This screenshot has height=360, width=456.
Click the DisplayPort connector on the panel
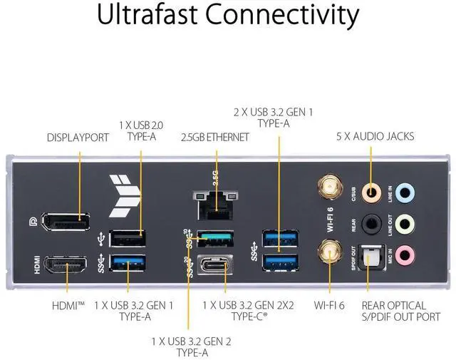coord(63,222)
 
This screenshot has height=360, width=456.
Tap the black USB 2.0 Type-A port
coord(128,237)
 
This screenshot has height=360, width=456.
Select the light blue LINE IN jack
coord(405,191)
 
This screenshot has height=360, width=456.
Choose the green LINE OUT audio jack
coord(405,223)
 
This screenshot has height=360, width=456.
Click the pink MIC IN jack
coord(405,254)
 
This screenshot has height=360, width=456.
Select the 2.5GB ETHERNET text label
coord(214,137)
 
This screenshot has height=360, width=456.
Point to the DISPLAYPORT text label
coord(78,137)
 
